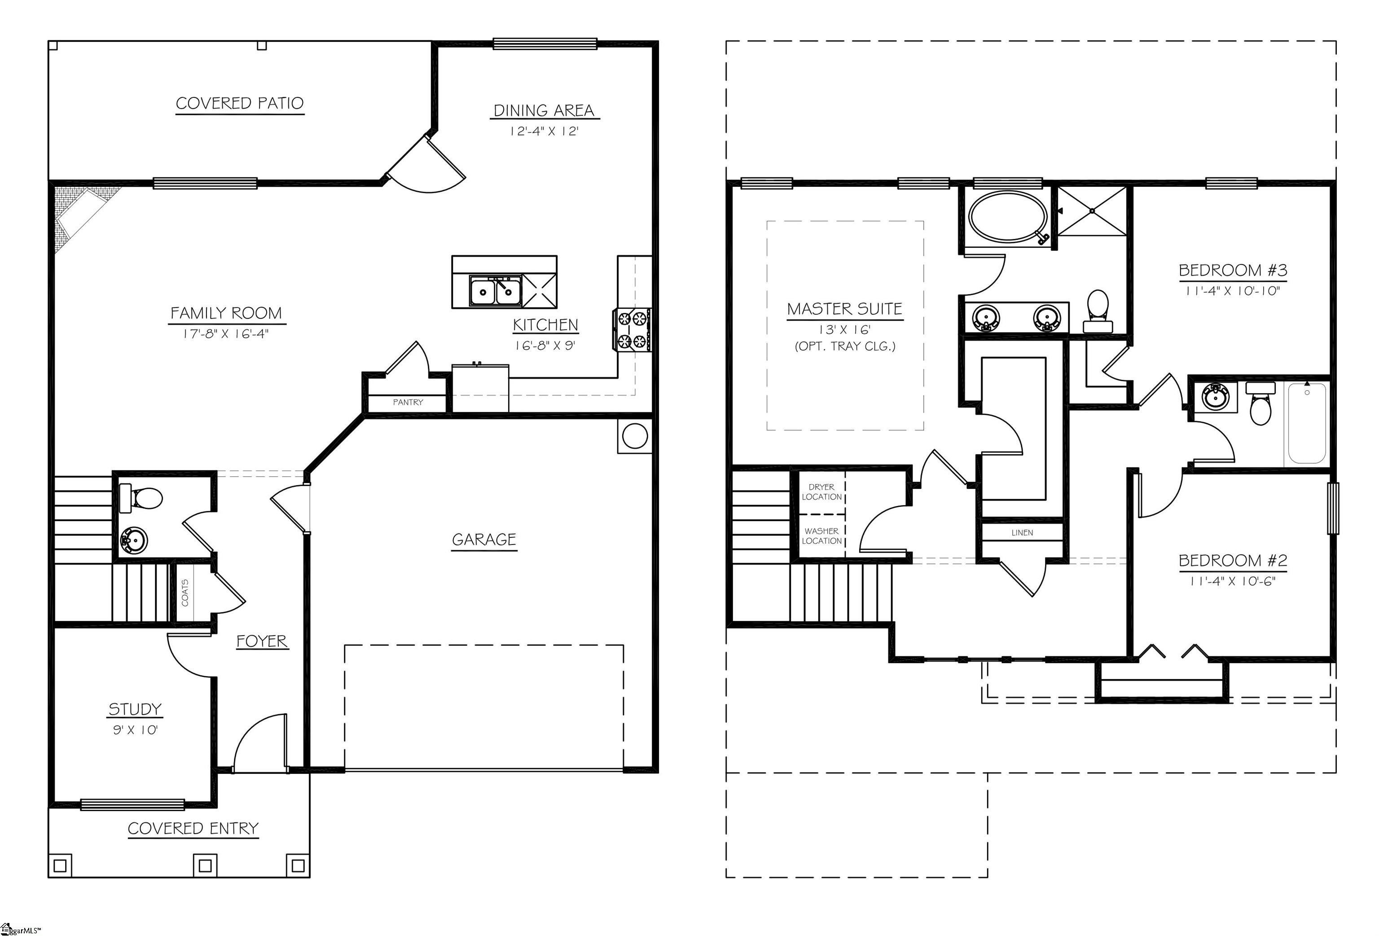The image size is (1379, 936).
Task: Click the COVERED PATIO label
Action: point(240,103)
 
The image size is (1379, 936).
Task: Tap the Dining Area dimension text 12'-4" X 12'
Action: point(544,131)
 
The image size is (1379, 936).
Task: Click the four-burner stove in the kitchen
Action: point(632,330)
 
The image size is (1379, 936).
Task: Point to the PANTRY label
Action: point(408,402)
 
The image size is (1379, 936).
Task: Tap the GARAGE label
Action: point(483,540)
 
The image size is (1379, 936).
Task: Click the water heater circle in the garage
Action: point(634,436)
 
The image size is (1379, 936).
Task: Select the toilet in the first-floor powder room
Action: point(142,498)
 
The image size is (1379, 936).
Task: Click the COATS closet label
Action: point(184,592)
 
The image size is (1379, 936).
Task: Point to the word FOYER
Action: point(262,641)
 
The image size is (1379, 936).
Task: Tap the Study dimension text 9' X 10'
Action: point(135,730)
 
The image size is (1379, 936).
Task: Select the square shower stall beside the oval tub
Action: point(1092,211)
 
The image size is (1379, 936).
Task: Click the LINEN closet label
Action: point(1022,533)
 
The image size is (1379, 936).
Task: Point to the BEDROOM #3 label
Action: point(1233,271)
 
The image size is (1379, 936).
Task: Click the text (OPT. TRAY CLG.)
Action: point(844,347)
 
